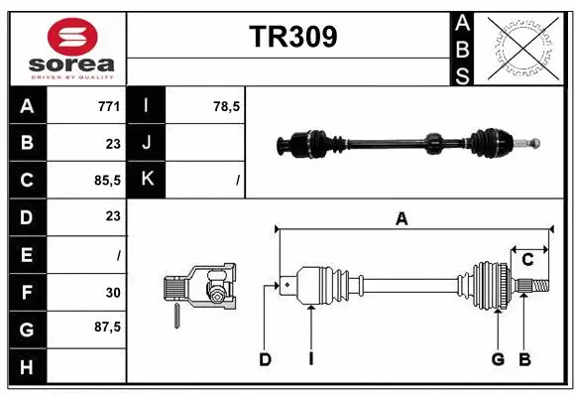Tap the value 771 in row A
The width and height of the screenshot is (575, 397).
[x=109, y=106]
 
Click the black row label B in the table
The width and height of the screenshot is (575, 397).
[x=27, y=143]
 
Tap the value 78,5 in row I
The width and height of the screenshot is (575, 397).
[x=227, y=106]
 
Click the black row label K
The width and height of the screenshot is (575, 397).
[x=148, y=180]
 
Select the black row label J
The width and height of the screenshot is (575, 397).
[x=148, y=143]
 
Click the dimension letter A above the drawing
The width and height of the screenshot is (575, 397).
[x=402, y=219]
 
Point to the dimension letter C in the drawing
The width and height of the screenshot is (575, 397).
[x=527, y=260]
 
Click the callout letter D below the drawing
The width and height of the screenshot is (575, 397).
[x=265, y=359]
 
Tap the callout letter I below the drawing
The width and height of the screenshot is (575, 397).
[x=310, y=359]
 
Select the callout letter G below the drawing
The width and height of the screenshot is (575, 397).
[x=498, y=359]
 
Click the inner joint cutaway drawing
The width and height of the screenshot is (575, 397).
[x=201, y=289]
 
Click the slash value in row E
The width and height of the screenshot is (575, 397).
[x=118, y=254]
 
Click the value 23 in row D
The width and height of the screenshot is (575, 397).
[x=112, y=216]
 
